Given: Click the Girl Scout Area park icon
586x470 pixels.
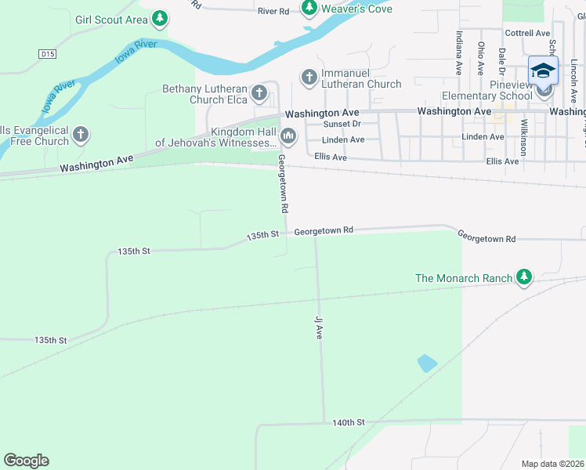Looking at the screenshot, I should click(x=160, y=18).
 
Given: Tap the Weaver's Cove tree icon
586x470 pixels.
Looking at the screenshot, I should click(x=309, y=8).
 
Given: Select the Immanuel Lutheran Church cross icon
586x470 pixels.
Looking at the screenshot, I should click(x=309, y=77).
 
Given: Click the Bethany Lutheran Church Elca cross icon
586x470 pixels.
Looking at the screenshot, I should click(x=259, y=94).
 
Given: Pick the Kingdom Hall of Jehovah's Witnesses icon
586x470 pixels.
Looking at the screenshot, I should click(x=288, y=137).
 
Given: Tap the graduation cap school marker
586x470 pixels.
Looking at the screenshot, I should click(x=543, y=70).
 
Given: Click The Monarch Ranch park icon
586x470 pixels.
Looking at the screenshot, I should click(x=524, y=277).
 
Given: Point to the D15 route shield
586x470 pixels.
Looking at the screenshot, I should click(x=47, y=53).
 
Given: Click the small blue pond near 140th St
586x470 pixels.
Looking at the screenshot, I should click(x=427, y=363).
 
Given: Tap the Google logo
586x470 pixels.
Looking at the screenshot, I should click(x=26, y=461).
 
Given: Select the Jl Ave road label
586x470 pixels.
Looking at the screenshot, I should click(x=319, y=327).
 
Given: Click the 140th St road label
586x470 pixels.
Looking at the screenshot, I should click(x=349, y=422).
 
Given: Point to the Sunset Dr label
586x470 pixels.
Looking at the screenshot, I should click(x=343, y=124).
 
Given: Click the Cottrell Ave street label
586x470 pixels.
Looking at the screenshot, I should click(x=527, y=33).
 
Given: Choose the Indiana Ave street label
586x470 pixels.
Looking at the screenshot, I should click(x=459, y=52).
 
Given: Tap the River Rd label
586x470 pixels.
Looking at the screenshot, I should click(x=273, y=11).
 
